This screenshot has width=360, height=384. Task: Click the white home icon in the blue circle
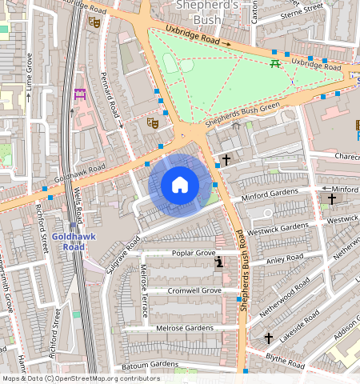pos(180,185)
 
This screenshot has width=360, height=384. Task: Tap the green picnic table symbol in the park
pos(275,63)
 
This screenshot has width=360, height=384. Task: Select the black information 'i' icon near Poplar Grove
pos(219,262)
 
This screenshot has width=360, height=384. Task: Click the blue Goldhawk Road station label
pos(74,242)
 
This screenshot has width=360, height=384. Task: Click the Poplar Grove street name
pos(194,253)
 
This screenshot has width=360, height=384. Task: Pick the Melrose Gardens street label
pos(185,328)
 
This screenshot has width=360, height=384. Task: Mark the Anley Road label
pos(285,260)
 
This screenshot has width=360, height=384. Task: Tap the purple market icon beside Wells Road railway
pos(80,94)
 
